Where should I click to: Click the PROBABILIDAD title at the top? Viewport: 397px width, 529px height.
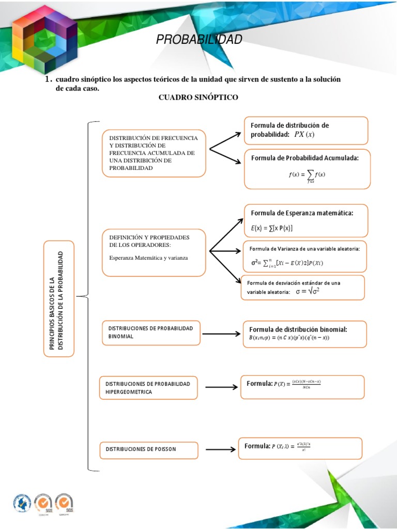coord(199,40)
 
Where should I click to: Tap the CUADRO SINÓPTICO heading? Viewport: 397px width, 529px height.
coord(198,98)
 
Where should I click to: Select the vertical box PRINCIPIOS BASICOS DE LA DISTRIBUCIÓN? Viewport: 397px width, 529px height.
coord(59,299)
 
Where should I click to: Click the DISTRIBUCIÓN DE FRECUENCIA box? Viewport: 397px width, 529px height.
coord(154,153)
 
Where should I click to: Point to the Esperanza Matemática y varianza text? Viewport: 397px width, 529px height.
coord(148,257)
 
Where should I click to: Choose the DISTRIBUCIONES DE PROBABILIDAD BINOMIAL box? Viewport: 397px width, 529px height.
coord(151,332)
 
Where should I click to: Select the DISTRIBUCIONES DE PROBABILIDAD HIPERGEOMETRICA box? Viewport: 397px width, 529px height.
coord(148,388)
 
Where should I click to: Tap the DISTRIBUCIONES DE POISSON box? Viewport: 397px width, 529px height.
coord(148,449)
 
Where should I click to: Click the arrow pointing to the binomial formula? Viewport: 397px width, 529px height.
coord(221,334)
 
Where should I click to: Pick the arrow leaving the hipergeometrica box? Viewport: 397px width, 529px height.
coord(221,386)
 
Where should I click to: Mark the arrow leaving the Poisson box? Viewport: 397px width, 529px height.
coord(221,449)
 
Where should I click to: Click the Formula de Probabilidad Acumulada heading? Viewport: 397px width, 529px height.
coord(304,158)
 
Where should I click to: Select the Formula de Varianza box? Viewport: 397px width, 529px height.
coord(304,256)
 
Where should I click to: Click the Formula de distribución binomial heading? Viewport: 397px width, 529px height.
coord(298,329)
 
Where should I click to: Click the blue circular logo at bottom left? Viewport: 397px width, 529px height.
coord(22,504)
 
